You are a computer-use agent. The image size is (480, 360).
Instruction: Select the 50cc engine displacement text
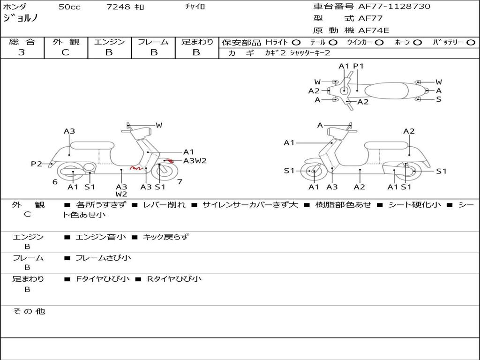[69, 7]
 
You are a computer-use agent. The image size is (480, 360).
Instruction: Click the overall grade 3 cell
[22, 52]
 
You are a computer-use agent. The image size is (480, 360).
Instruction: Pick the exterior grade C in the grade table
[66, 52]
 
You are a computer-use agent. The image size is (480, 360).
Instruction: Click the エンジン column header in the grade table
[109, 42]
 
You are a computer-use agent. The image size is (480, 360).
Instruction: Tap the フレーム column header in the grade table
[153, 42]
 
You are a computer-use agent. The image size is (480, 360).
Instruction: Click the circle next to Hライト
[296, 42]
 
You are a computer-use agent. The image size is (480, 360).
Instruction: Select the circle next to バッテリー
[471, 42]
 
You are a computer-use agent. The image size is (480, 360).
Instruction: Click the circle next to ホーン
[417, 42]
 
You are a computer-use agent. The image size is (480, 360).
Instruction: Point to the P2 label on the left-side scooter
[37, 164]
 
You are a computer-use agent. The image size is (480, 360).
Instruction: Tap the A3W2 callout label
[195, 161]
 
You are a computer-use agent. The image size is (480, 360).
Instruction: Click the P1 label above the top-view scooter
[358, 66]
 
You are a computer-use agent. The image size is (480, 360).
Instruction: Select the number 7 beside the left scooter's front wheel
[180, 181]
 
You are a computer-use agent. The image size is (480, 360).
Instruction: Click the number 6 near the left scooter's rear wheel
[55, 182]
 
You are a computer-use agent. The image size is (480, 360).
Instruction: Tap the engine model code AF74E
[374, 30]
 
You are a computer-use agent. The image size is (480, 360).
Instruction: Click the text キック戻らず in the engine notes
[165, 237]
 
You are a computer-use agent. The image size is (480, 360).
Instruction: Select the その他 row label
[29, 311]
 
